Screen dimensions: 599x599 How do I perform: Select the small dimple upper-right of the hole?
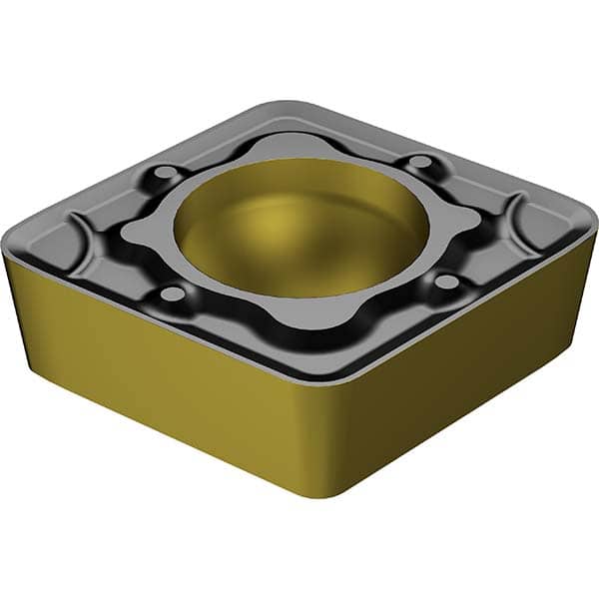click(x=423, y=161)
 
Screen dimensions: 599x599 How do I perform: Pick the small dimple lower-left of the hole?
click(x=173, y=294)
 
